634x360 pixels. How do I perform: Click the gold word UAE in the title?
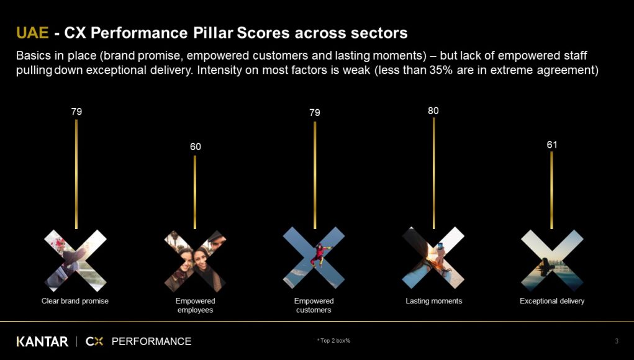(x=32, y=33)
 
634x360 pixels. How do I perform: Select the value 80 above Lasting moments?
(x=433, y=110)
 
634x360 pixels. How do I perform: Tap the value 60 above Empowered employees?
(x=196, y=146)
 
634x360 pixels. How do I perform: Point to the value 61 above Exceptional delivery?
(x=552, y=145)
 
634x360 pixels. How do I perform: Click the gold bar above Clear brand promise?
(x=76, y=174)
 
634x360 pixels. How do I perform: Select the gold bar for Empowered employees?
(x=195, y=192)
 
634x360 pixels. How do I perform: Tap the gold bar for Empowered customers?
(x=315, y=176)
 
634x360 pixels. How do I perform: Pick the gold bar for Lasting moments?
(x=434, y=173)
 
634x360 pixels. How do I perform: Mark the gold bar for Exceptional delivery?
(x=551, y=191)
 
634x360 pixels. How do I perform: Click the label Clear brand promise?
(x=75, y=301)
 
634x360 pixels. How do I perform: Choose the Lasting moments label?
(x=434, y=301)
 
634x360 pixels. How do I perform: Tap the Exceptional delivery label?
(x=552, y=301)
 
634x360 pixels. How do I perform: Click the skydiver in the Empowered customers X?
(x=319, y=255)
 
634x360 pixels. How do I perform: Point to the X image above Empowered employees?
(x=196, y=261)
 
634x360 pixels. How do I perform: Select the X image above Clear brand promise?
(x=75, y=261)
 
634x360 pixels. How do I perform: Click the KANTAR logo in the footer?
(x=42, y=342)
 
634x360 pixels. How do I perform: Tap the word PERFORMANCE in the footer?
(x=152, y=341)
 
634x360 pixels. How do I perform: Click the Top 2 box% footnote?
(x=333, y=341)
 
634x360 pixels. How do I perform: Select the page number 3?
(x=617, y=341)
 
